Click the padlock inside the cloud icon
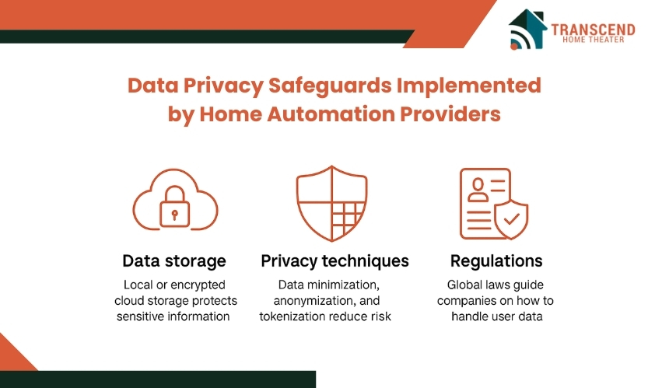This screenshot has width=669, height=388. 174,206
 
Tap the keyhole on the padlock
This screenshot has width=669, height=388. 174,215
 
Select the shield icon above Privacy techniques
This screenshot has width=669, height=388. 332,204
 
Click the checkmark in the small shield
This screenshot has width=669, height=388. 511,219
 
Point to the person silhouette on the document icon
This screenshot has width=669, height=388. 478,190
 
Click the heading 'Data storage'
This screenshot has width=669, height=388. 174,261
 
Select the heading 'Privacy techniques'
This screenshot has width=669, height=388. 335,261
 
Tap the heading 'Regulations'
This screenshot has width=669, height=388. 496,261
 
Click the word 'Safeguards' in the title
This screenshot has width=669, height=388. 330,86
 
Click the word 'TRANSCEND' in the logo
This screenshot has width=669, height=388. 593,30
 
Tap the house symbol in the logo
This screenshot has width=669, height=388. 527,29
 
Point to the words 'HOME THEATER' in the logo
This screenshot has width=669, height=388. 594,40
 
